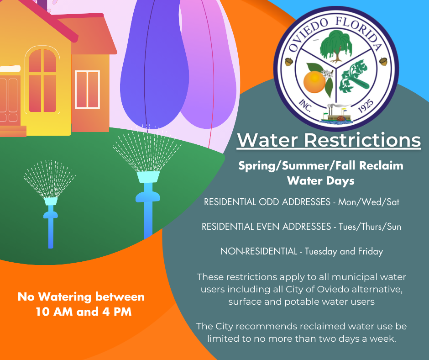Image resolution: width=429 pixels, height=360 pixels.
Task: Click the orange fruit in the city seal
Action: pos(315,84)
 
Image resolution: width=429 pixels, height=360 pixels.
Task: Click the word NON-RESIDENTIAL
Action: pos(259,251)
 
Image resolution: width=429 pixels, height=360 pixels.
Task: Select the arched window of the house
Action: pos(42,80)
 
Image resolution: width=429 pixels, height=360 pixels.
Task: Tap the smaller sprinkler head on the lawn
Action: pos(51,201)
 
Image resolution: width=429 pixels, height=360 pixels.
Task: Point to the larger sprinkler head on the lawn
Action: pos(148,177)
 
